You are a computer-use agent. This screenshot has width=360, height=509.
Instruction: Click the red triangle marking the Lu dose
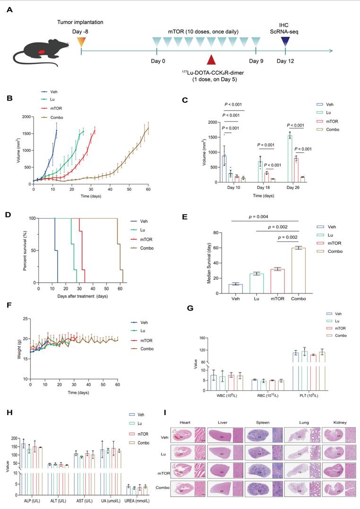(x=211, y=60)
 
